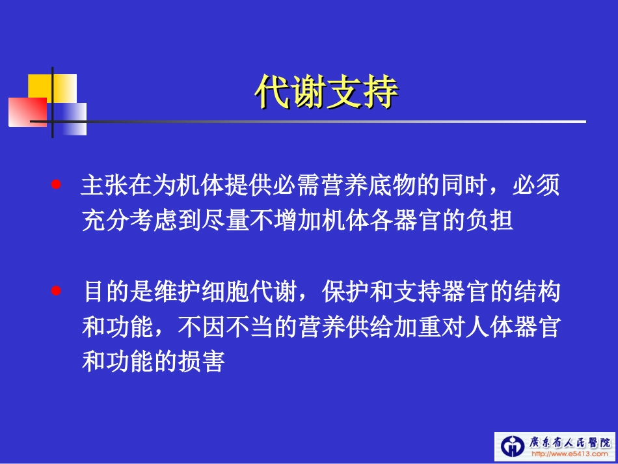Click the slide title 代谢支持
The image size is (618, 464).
click(x=326, y=93)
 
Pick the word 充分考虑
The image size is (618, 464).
click(x=129, y=221)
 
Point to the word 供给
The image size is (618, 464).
click(x=369, y=327)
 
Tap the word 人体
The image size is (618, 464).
click(x=464, y=327)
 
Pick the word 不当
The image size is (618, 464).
click(x=250, y=327)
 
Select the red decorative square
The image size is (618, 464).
click(x=26, y=111)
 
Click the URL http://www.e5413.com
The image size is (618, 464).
click(x=565, y=454)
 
